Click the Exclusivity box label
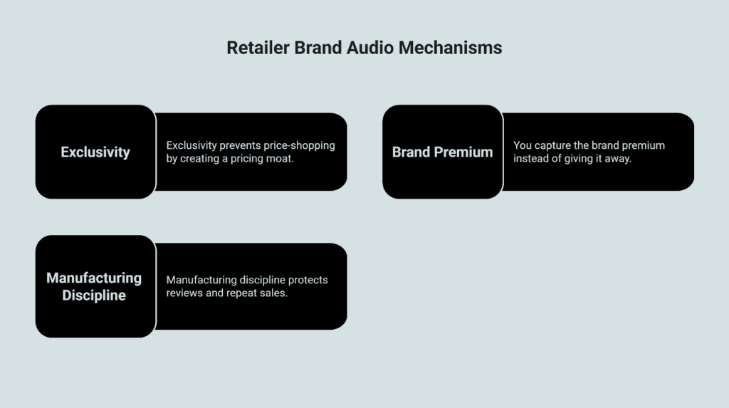click(95, 152)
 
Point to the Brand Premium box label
click(442, 152)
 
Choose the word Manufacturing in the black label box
click(94, 278)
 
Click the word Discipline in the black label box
click(94, 295)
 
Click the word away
click(617, 158)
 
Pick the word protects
click(306, 280)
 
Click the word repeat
click(243, 293)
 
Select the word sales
click(275, 293)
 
